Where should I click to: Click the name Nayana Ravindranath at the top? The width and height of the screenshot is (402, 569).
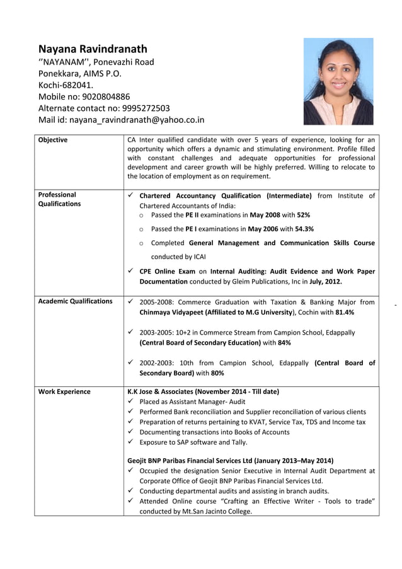click(x=93, y=49)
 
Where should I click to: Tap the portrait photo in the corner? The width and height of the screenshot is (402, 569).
click(x=338, y=81)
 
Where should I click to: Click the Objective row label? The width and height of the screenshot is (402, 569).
click(x=53, y=140)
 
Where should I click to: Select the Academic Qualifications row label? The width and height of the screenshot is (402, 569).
click(x=75, y=301)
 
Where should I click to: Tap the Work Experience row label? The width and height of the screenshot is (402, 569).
click(x=64, y=392)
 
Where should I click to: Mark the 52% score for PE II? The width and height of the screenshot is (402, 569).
click(x=303, y=215)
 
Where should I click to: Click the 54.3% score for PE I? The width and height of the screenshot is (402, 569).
click(x=303, y=229)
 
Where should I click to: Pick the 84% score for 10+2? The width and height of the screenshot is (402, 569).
click(x=284, y=343)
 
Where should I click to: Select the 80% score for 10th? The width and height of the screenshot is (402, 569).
click(x=217, y=373)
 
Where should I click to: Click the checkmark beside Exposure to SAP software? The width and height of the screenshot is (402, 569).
click(x=130, y=442)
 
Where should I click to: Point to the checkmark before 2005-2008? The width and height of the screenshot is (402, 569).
click(x=130, y=302)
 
